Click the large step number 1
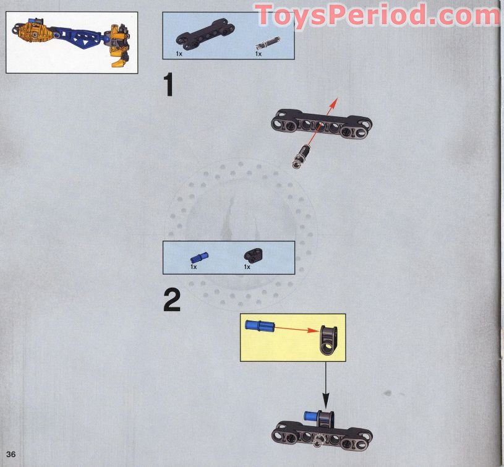[169, 85]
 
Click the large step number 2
[172, 300]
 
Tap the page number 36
[11, 454]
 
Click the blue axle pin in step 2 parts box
[200, 258]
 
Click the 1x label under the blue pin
[194, 267]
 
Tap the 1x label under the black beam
[179, 54]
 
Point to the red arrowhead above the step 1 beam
[335, 103]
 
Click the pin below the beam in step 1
[302, 156]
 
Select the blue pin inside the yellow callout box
[260, 325]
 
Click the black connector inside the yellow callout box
[328, 340]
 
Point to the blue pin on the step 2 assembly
[311, 416]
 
